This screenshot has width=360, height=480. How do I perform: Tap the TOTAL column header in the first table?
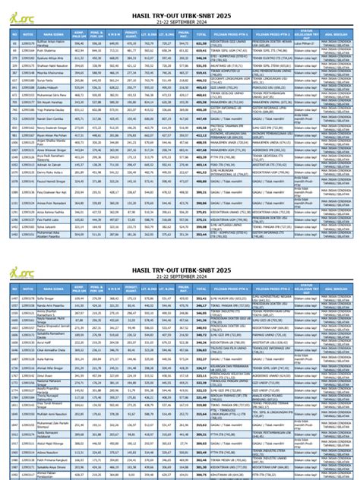(x=201, y=34)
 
